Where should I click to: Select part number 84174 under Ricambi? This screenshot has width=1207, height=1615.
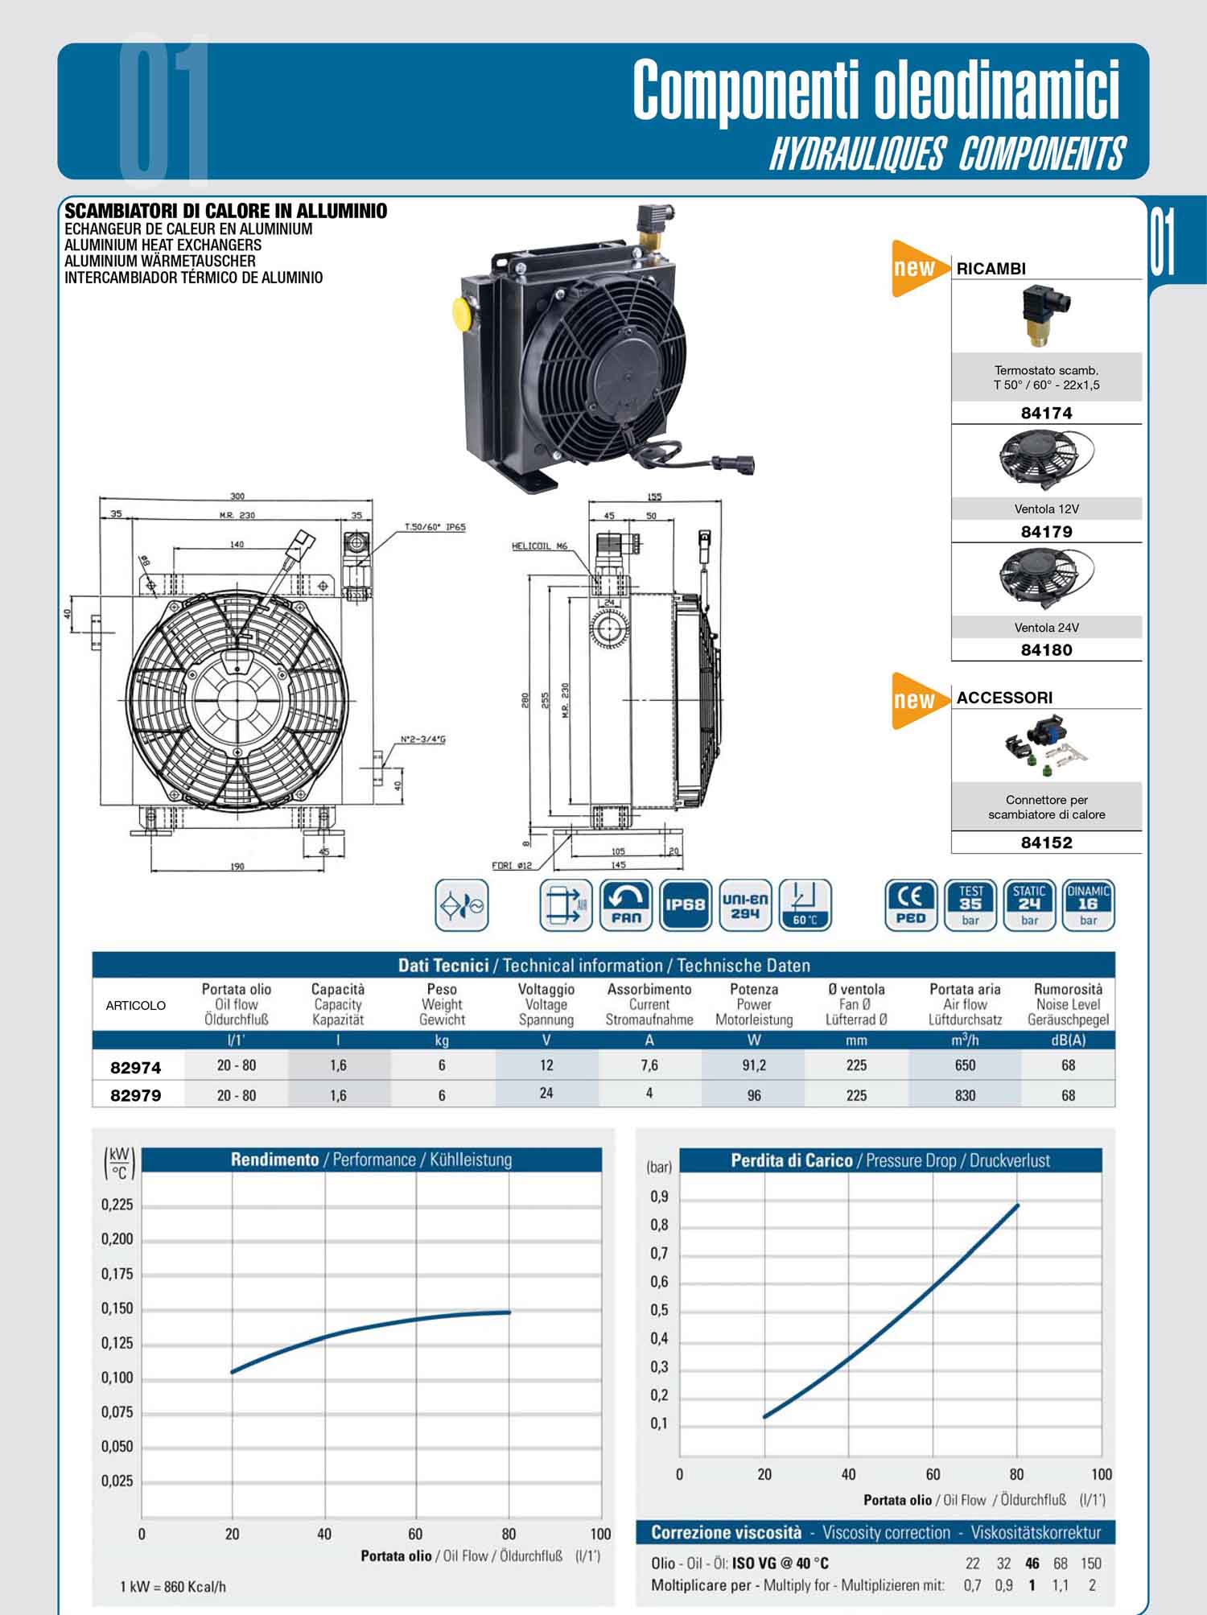click(1046, 413)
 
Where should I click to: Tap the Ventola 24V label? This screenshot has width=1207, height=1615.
click(1046, 628)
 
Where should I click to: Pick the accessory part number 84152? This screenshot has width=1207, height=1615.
click(1046, 843)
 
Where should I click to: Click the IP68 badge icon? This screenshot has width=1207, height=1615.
click(686, 904)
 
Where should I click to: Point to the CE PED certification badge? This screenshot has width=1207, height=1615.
click(911, 904)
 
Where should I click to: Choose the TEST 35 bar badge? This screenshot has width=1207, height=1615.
click(970, 904)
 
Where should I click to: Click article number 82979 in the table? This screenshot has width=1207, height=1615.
click(135, 1095)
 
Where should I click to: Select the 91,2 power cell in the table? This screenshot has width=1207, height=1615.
click(754, 1065)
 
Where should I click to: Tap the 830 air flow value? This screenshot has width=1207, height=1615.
click(965, 1095)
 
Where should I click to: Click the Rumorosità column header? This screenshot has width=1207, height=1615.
click(1068, 989)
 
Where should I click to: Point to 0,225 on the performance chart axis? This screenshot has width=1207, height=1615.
click(117, 1205)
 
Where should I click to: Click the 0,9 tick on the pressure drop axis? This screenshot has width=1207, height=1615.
click(659, 1197)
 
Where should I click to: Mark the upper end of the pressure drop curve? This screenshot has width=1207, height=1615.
click(1018, 1205)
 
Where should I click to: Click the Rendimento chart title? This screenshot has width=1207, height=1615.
click(274, 1160)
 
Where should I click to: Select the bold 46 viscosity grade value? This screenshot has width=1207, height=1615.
click(1032, 1564)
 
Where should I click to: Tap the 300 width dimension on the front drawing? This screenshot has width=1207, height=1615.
click(237, 496)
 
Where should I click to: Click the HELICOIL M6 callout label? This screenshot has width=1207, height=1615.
click(539, 546)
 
